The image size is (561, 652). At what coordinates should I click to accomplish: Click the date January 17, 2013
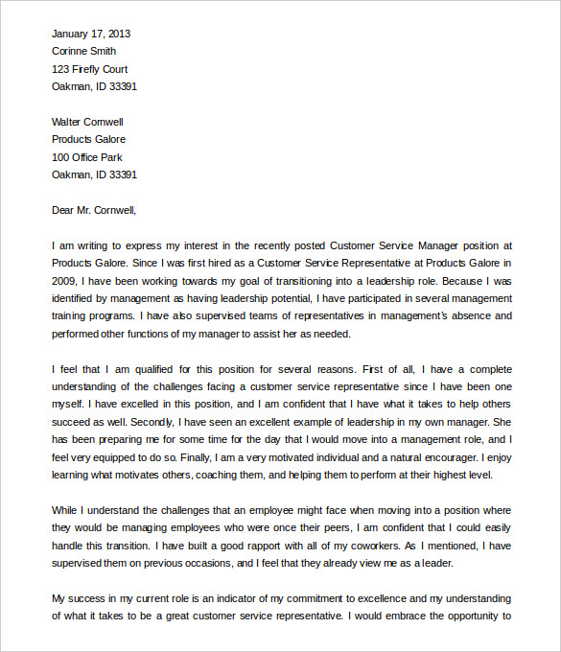(x=91, y=34)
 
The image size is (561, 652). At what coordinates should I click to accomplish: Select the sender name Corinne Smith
(x=84, y=51)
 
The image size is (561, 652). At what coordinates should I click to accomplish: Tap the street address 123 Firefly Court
(x=89, y=69)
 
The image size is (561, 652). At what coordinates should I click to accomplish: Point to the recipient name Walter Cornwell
(x=87, y=122)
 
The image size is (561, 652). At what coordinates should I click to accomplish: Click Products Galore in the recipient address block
(x=88, y=139)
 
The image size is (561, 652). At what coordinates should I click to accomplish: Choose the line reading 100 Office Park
(x=87, y=157)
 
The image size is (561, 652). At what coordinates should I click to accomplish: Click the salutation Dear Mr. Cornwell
(x=94, y=209)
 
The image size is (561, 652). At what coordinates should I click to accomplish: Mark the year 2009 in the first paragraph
(x=64, y=281)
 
